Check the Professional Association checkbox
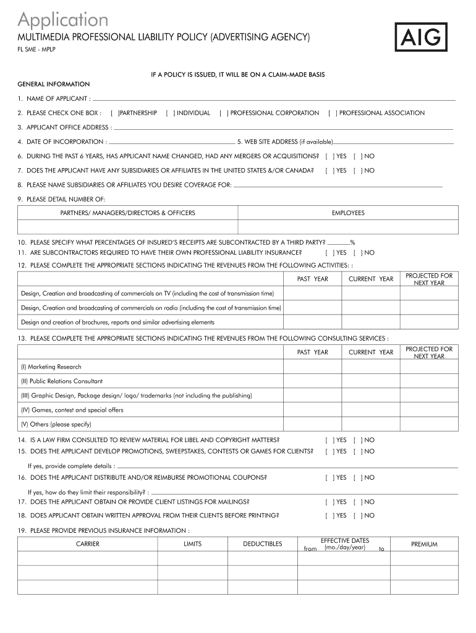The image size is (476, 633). (x=332, y=113)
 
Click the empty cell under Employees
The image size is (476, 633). (x=348, y=227)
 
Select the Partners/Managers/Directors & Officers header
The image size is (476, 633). (x=127, y=213)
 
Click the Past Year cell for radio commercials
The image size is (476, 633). (x=312, y=307)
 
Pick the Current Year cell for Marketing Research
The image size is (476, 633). (x=370, y=367)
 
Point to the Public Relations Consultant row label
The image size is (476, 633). (x=62, y=381)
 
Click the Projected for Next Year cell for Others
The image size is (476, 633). (x=428, y=424)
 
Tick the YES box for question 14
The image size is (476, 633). (x=329, y=440)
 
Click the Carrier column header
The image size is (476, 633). (x=87, y=544)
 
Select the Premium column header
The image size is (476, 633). (x=424, y=544)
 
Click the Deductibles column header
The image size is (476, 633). (x=262, y=544)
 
